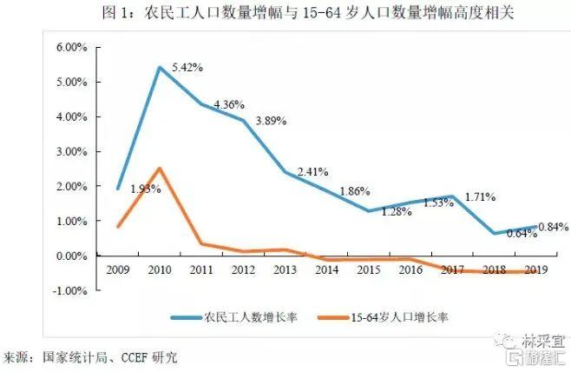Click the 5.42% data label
pyautogui.click(x=187, y=66)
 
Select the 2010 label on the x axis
pyautogui.click(x=160, y=269)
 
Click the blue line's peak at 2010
pyautogui.click(x=160, y=67)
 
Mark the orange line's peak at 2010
pyautogui.click(x=160, y=168)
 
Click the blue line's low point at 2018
pyautogui.click(x=494, y=233)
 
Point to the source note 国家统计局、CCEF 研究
pyautogui.click(x=95, y=357)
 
